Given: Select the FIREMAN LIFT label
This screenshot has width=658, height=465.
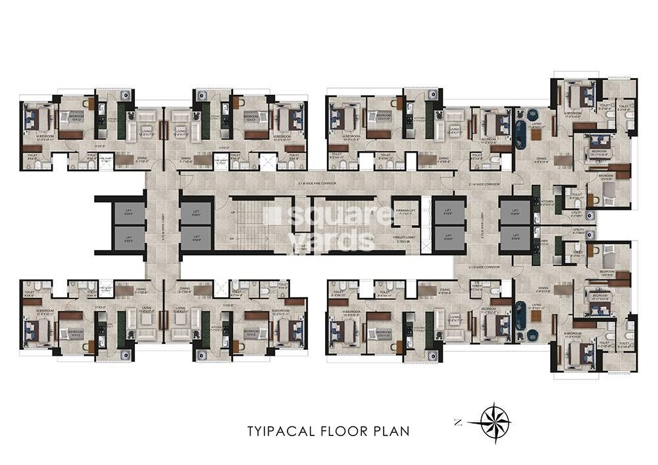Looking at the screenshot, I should click(405, 212).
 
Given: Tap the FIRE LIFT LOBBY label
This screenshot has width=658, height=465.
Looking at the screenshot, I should click(405, 239).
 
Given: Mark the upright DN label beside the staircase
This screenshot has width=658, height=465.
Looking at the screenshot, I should click(231, 238).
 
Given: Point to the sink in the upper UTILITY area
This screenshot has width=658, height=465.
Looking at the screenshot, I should click(589, 214).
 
